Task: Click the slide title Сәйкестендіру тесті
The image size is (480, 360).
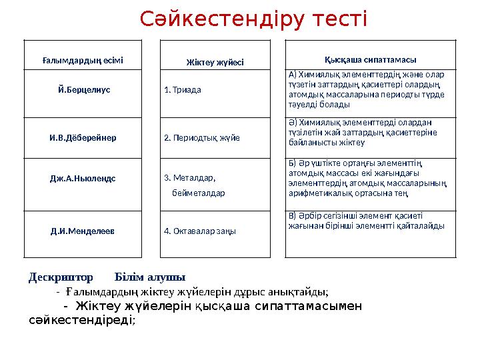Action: [253, 20]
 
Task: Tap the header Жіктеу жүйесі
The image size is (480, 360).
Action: [215, 63]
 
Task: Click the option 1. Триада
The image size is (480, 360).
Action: [183, 89]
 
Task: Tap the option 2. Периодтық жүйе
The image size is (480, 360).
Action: [202, 138]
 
